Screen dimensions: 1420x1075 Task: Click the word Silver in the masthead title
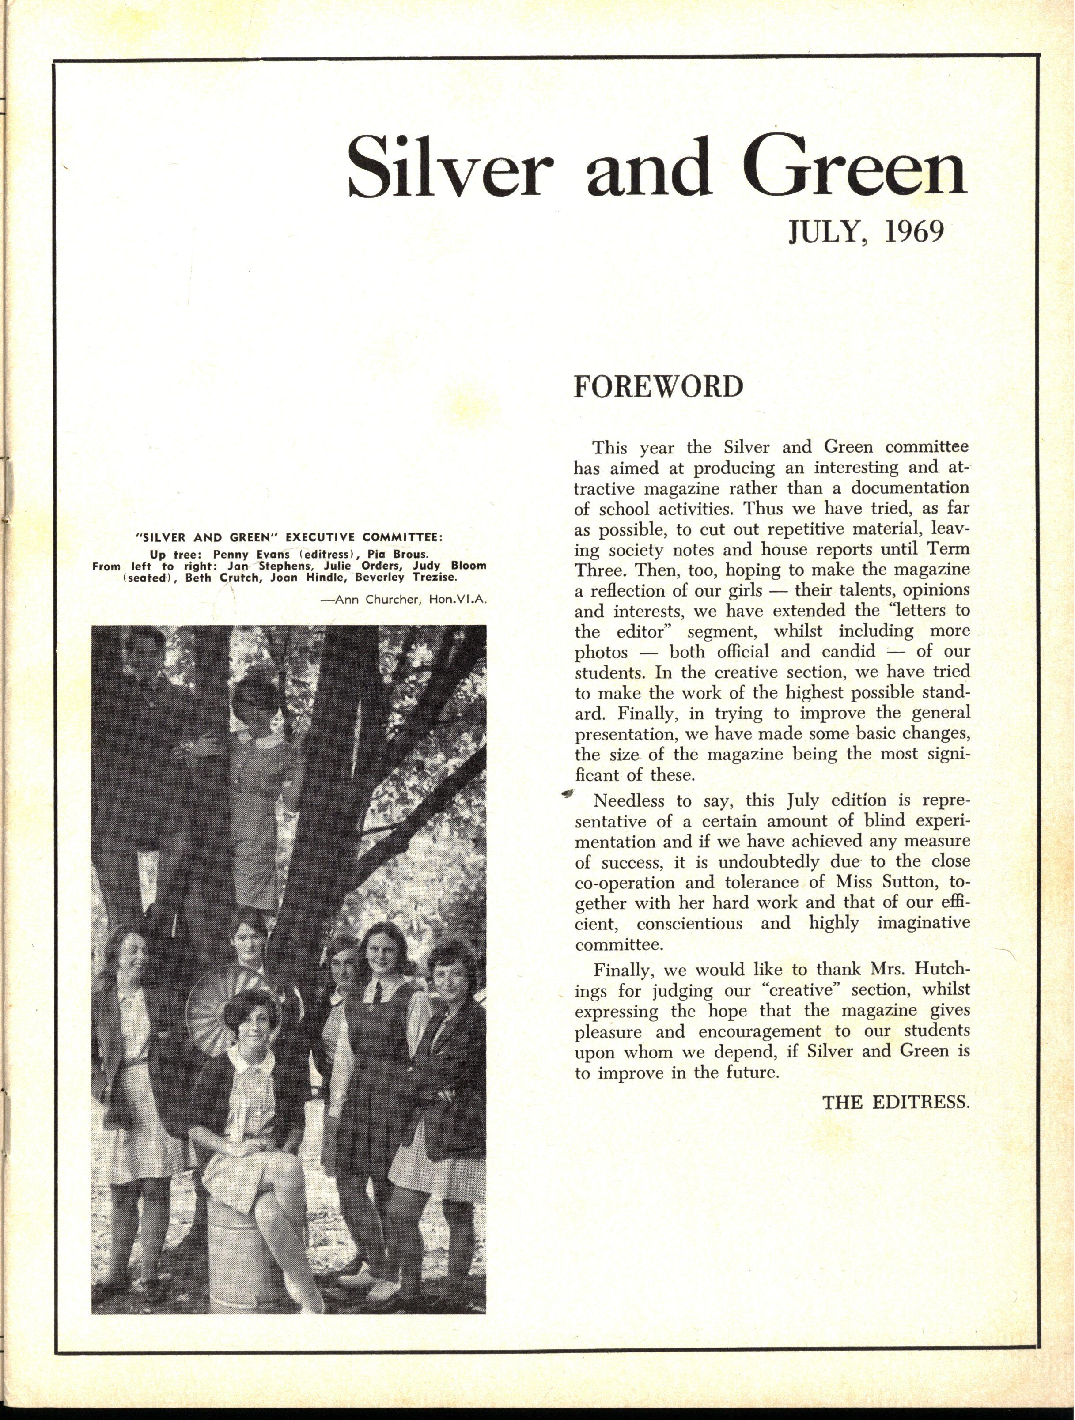[x=447, y=168]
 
